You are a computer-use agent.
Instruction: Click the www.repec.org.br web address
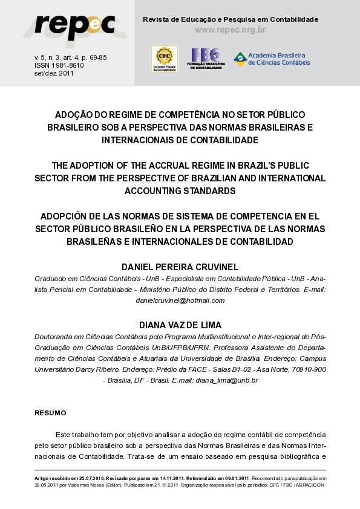231,30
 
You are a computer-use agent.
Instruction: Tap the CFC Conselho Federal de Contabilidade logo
164,59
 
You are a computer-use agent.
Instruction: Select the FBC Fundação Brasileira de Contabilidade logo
206,59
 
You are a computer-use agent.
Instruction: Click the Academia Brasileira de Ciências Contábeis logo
272,59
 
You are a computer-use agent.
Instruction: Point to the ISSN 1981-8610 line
59,65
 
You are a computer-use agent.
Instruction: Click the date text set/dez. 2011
54,73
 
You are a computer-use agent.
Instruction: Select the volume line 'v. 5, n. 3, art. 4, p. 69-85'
70,57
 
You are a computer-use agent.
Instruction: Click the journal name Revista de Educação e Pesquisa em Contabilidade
230,19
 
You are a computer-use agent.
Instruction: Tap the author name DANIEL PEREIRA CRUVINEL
180,267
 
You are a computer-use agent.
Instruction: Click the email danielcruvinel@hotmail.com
180,300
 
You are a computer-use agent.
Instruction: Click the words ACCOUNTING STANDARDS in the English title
180,191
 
